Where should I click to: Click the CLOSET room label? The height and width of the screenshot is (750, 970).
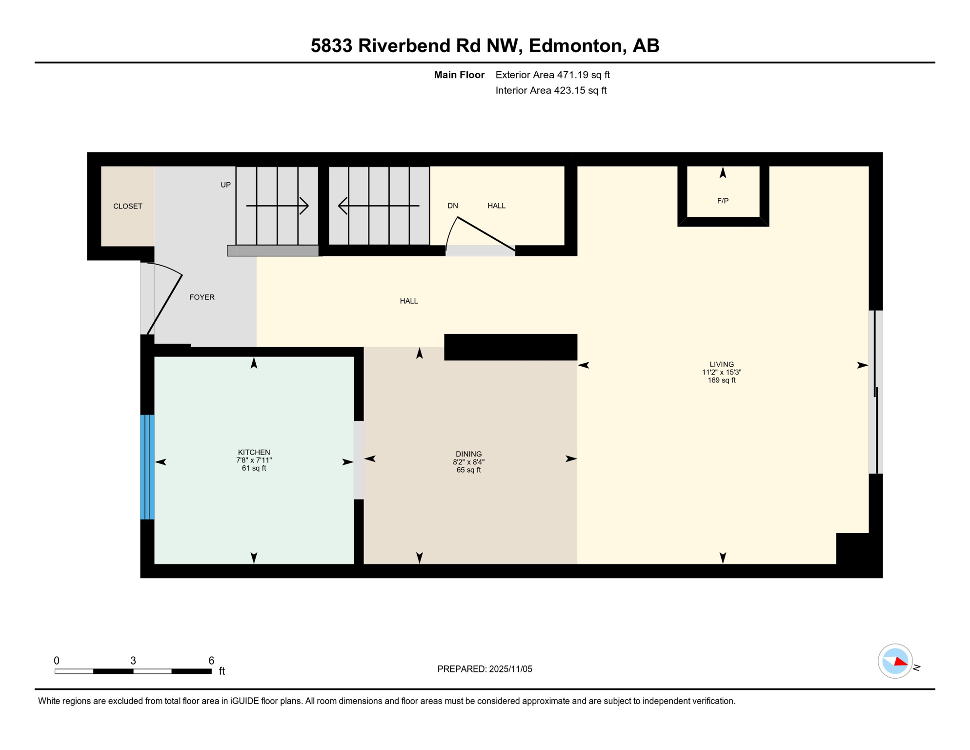(128, 206)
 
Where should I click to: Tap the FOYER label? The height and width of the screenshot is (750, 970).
(202, 297)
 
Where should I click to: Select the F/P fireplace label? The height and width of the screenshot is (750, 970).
(723, 201)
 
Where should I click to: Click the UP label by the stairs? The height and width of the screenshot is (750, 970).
(225, 185)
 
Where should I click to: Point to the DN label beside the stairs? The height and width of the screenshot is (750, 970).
(452, 206)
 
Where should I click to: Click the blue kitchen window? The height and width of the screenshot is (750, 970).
(147, 467)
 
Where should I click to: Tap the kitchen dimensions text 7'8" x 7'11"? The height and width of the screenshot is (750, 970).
(254, 460)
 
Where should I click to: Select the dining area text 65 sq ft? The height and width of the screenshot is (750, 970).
(468, 470)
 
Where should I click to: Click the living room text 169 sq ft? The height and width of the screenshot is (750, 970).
(721, 380)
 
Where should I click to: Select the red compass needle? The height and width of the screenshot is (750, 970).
(901, 662)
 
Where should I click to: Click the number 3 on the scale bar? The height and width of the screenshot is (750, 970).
(133, 661)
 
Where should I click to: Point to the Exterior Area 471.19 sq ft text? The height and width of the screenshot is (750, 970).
(552, 75)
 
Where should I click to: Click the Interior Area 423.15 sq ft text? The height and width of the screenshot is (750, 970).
(551, 90)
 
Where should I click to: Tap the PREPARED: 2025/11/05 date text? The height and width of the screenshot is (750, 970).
(485, 669)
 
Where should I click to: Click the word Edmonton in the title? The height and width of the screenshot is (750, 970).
(575, 45)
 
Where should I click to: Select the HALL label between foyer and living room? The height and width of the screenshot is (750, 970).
(408, 301)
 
